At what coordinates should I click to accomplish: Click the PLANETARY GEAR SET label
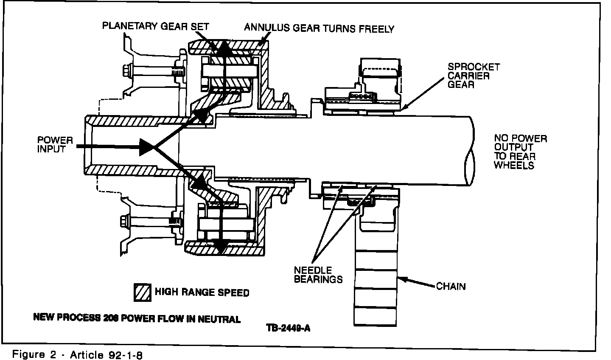[x=155, y=26]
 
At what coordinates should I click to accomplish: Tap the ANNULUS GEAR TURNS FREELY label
[x=319, y=28]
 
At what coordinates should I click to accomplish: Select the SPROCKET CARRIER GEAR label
[x=474, y=76]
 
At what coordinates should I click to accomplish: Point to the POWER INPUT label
[x=55, y=144]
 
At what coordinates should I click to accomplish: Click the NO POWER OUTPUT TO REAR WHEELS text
[x=520, y=152]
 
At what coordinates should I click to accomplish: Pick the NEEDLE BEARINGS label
[x=318, y=275]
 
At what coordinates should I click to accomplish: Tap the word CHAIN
[x=451, y=286]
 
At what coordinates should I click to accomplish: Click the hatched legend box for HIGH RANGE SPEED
[x=142, y=292]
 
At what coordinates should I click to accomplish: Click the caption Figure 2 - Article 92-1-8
[x=77, y=354]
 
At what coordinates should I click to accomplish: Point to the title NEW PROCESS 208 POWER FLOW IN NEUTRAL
[x=137, y=318]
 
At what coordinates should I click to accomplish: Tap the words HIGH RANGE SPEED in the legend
[x=202, y=292]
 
